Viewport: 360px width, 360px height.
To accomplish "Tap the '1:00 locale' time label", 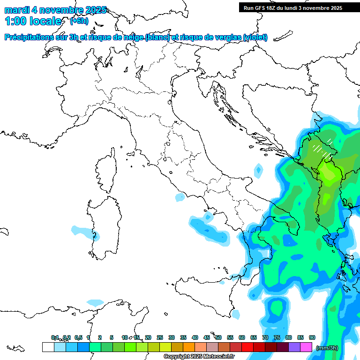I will pos(33,21).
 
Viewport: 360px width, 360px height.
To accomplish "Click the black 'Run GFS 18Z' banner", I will pos(292,8).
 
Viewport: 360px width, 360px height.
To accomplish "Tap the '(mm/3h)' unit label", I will pos(327,348).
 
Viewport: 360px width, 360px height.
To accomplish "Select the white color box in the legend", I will pos(48,347).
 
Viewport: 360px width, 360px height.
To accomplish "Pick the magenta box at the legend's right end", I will pos(306,347).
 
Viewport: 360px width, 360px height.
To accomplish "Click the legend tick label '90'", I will pos(312,337).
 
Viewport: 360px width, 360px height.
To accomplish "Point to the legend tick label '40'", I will pos(195,337).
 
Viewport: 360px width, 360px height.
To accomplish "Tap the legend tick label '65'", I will pos(254,337).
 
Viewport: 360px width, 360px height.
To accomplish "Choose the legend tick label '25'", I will pos(160,337).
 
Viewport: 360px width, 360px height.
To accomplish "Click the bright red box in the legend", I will pos(247,347).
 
